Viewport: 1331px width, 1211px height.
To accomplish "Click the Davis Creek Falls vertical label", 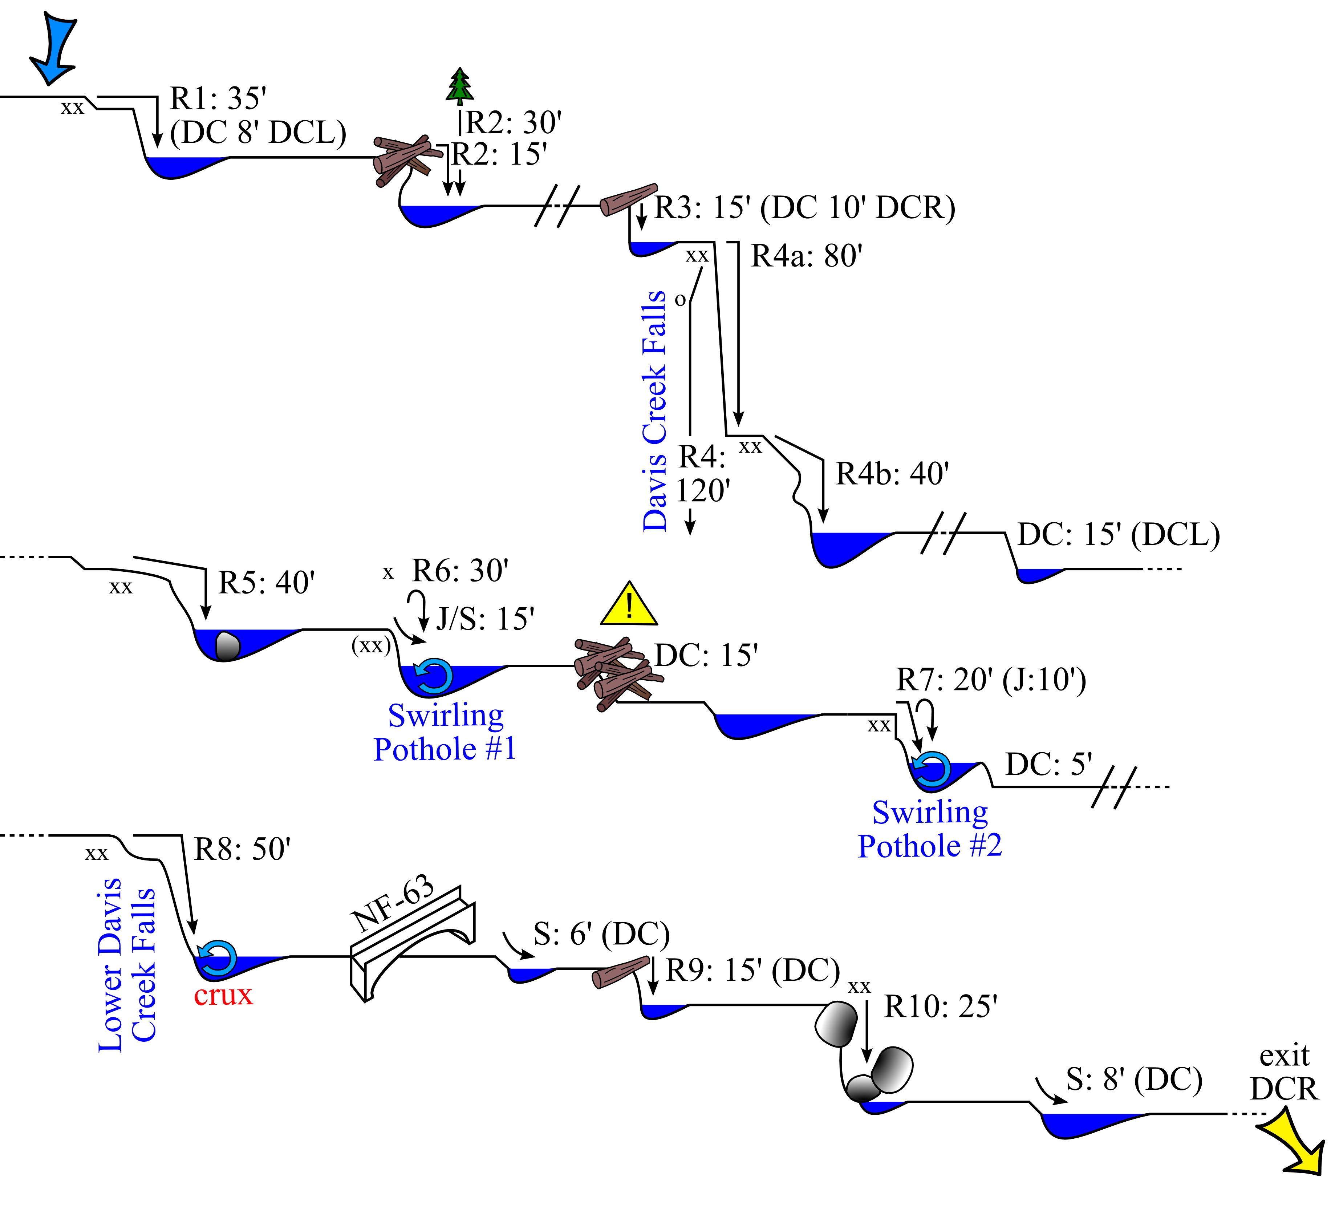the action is [654, 411].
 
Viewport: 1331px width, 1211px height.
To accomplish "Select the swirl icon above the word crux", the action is [218, 959].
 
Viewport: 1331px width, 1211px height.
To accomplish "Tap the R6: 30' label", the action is [460, 571].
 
